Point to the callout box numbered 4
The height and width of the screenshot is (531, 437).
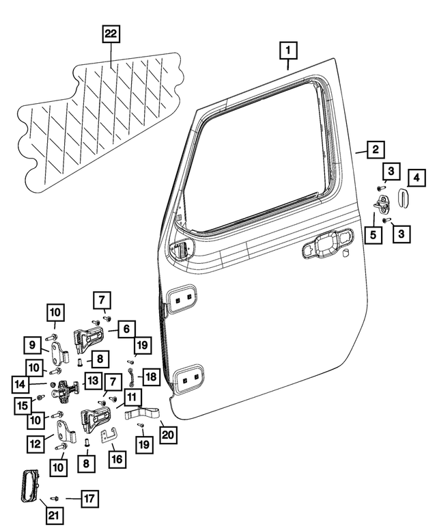(x=416, y=179)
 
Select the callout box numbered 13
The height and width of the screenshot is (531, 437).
(x=91, y=380)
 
